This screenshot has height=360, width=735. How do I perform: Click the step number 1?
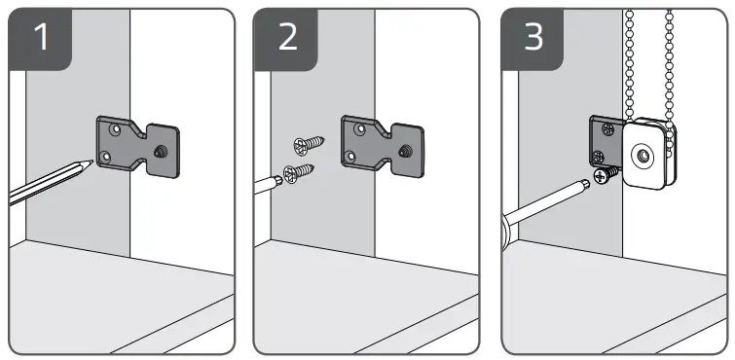[41, 37]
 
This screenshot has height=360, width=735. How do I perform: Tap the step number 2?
[288, 37]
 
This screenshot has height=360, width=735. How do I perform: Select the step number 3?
[533, 37]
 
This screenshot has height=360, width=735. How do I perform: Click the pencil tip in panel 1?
[91, 162]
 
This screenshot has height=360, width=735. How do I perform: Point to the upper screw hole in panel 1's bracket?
[114, 127]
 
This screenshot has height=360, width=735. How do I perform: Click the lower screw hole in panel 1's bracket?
[106, 156]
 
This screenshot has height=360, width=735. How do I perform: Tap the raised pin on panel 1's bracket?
[159, 151]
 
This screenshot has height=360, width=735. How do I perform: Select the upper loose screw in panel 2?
[309, 145]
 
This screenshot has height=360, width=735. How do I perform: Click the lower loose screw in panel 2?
[299, 173]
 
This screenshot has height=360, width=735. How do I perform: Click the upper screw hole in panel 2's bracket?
[359, 127]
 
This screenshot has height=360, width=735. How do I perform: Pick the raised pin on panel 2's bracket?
[404, 151]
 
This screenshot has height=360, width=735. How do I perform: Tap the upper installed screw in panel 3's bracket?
[607, 128]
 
